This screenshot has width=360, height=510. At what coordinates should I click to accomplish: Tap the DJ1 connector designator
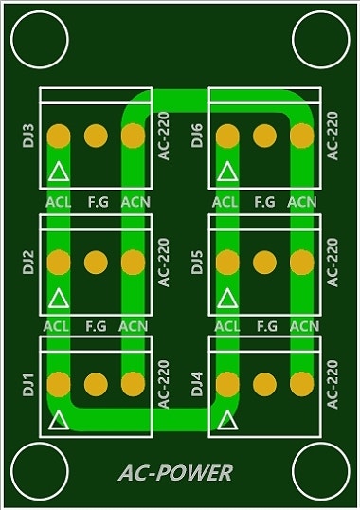point(28,385)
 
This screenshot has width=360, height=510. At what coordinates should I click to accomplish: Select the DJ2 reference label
point(28,262)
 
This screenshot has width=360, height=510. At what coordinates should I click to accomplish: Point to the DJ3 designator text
point(28,135)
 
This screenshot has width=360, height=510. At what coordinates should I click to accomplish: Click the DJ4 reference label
point(197,385)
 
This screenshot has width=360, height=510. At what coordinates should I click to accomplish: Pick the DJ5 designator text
point(197,262)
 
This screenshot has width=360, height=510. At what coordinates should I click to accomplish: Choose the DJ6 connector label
point(197,135)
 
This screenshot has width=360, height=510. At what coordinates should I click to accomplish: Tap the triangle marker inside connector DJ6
point(227,172)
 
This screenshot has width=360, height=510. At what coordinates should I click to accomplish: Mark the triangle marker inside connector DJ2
point(59,298)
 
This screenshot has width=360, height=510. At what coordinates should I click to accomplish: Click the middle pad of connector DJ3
point(96,136)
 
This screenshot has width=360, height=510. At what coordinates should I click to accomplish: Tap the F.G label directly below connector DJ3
point(96,202)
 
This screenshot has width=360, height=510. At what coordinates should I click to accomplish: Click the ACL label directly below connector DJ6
point(225,202)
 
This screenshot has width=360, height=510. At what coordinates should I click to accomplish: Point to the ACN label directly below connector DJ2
point(134,326)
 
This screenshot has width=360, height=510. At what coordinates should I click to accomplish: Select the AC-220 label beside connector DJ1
point(163,384)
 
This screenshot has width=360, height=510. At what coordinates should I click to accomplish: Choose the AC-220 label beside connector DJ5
point(332,262)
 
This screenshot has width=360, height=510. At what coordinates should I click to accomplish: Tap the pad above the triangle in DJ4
point(227,384)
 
